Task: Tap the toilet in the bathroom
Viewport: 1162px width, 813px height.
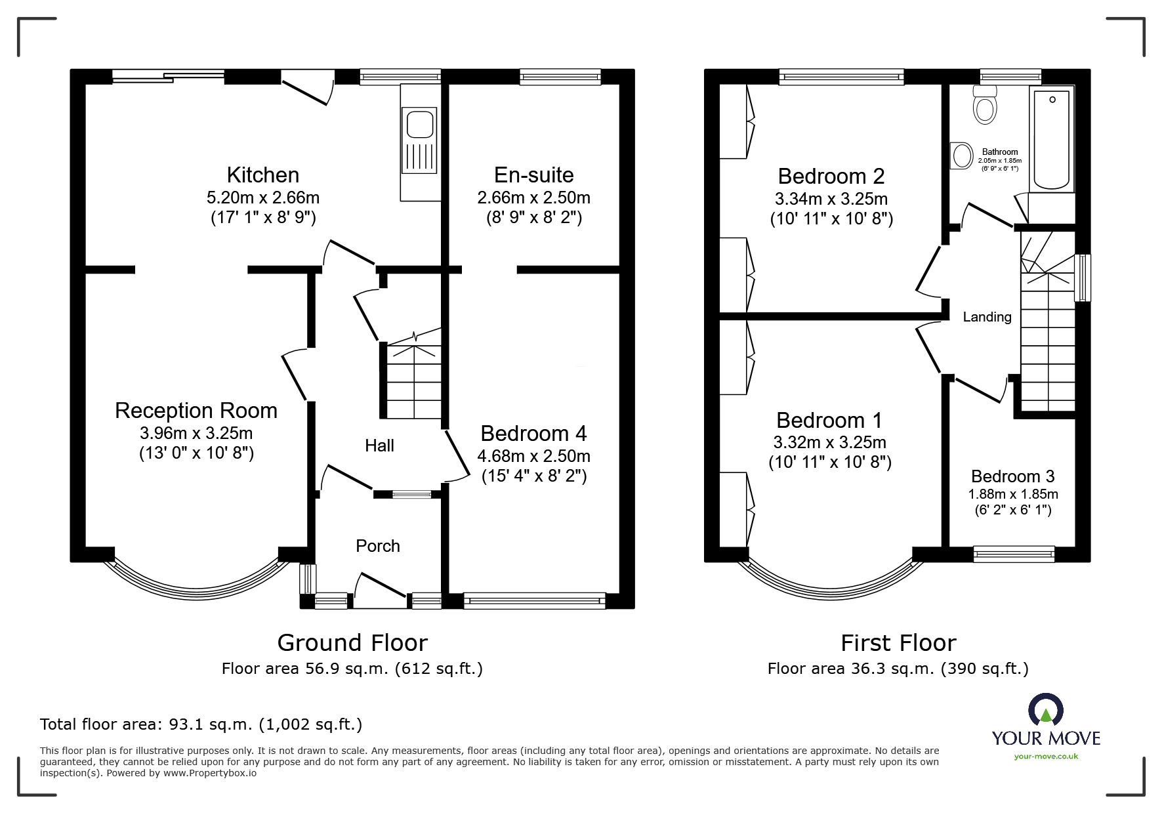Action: click(985, 107)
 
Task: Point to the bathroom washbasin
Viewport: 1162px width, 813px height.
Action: click(963, 156)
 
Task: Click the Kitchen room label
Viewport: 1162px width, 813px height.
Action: click(263, 175)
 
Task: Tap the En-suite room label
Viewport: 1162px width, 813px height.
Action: click(533, 175)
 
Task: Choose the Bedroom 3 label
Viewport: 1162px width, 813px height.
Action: click(1013, 476)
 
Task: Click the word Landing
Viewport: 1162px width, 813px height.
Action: click(987, 317)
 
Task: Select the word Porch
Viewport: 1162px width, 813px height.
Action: click(377, 546)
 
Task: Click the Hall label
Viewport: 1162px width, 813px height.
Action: click(379, 446)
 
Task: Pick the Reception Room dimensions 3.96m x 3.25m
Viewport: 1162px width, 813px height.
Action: click(196, 433)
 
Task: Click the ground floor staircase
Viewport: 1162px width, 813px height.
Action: click(413, 381)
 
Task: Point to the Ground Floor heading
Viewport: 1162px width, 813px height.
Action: click(352, 642)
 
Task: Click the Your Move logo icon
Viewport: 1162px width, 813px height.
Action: click(1045, 711)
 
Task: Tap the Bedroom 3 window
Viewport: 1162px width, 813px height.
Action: click(1014, 554)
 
